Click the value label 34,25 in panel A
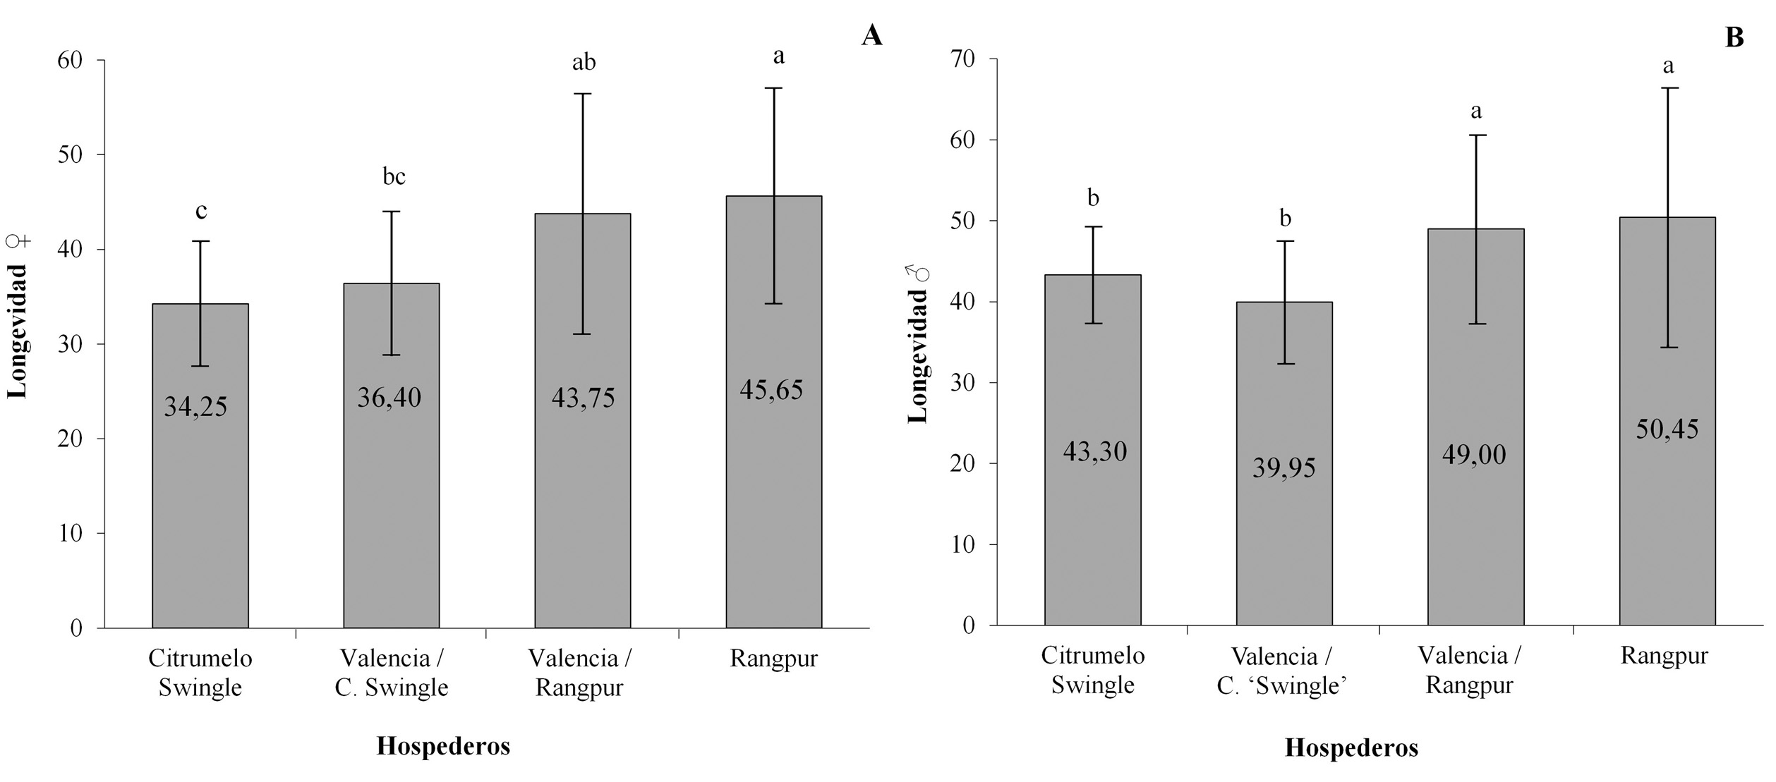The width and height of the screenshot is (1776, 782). point(195,408)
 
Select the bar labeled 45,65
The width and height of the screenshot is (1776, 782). point(773,494)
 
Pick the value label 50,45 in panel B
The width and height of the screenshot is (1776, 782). point(1667,429)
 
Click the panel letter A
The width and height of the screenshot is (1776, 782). point(871,35)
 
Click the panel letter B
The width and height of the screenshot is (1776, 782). point(1734,37)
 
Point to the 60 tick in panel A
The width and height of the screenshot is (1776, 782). point(71,60)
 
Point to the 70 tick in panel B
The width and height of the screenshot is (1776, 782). point(962,59)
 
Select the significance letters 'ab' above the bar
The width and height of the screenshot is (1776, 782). point(584,63)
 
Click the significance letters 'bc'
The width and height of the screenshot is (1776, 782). point(394,176)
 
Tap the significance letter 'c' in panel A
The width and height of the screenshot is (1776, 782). point(201,211)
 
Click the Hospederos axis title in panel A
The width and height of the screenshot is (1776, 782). point(443,746)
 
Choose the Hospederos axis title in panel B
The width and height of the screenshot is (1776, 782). point(1351,748)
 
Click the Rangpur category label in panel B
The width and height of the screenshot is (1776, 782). point(1664,656)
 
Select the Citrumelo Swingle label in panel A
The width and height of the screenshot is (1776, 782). point(200,673)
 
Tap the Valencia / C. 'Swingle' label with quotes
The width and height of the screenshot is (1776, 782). point(1281,671)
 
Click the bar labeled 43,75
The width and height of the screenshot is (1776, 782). point(582,494)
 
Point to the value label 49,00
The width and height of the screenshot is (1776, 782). point(1473,455)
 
